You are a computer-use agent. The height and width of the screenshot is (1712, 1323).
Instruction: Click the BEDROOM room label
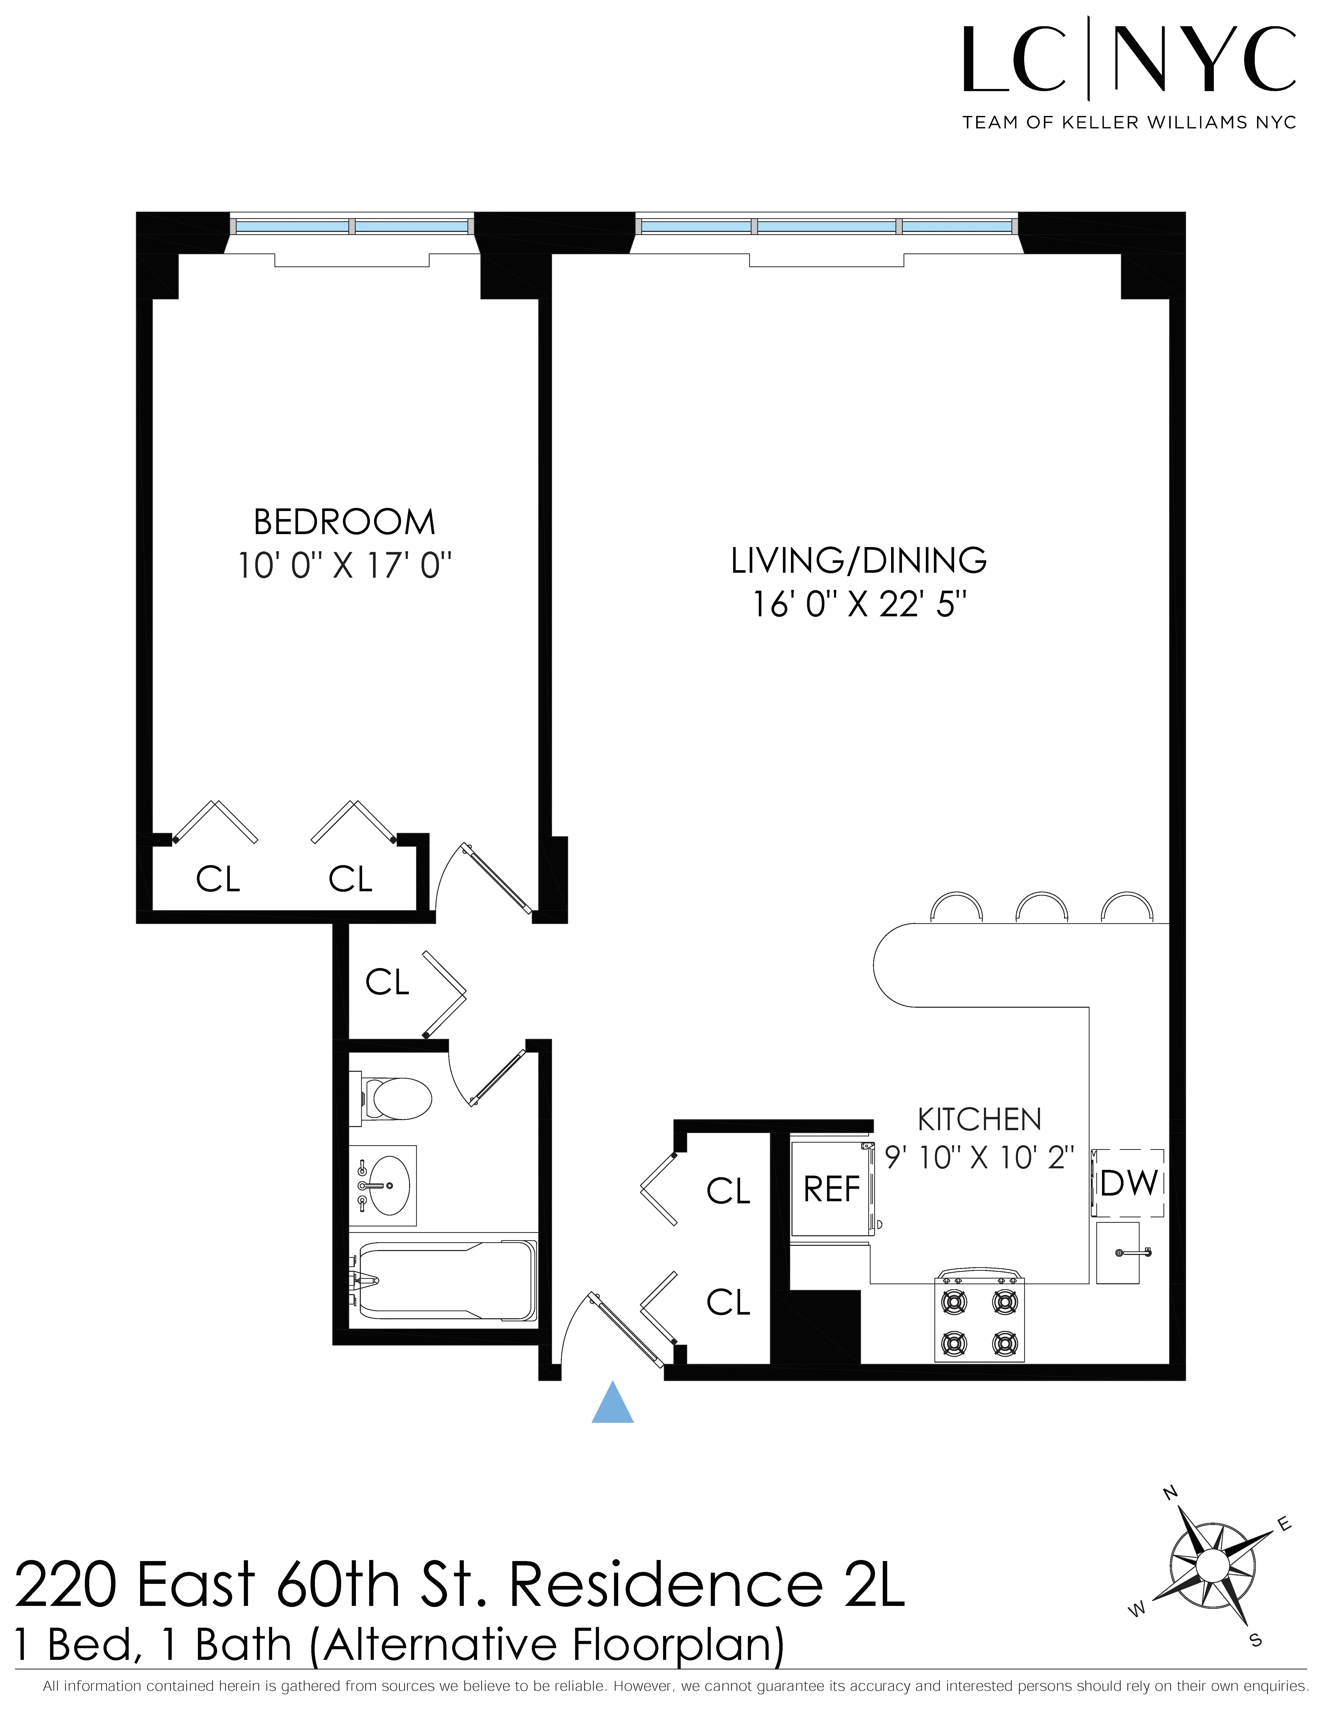344,522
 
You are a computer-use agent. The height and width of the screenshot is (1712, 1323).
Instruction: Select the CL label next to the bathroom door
387,982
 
